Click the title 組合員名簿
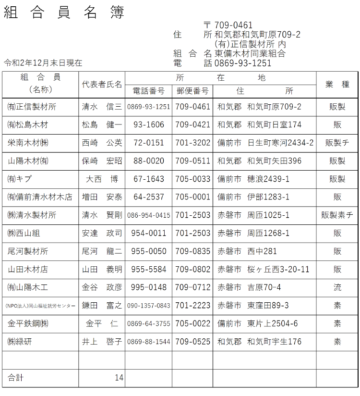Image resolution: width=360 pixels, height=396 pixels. pos(64,13)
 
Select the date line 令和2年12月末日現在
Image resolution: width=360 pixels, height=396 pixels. pos(43,63)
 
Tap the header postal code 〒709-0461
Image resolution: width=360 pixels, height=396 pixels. pos(228,25)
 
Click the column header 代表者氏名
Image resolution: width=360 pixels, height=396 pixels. pos(102,85)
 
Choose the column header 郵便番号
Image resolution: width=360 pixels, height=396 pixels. pos(192,91)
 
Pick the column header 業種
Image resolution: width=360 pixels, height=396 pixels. pos(337,85)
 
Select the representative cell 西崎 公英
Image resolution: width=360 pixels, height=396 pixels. pos(102,143)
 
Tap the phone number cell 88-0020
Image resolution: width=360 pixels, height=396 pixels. pos(148,161)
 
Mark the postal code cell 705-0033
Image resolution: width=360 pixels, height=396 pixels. pos(192,179)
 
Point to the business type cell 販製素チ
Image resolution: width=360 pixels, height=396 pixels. pos(337,215)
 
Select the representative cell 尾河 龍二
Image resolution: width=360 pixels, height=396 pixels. pos(102,251)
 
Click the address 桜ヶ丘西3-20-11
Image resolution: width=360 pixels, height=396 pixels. pos(278,270)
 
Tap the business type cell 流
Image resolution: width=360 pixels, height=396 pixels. pos(337,287)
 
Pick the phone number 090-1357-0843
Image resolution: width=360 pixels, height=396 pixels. pos(148,306)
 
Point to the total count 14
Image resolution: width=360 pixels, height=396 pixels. pos(119,378)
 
